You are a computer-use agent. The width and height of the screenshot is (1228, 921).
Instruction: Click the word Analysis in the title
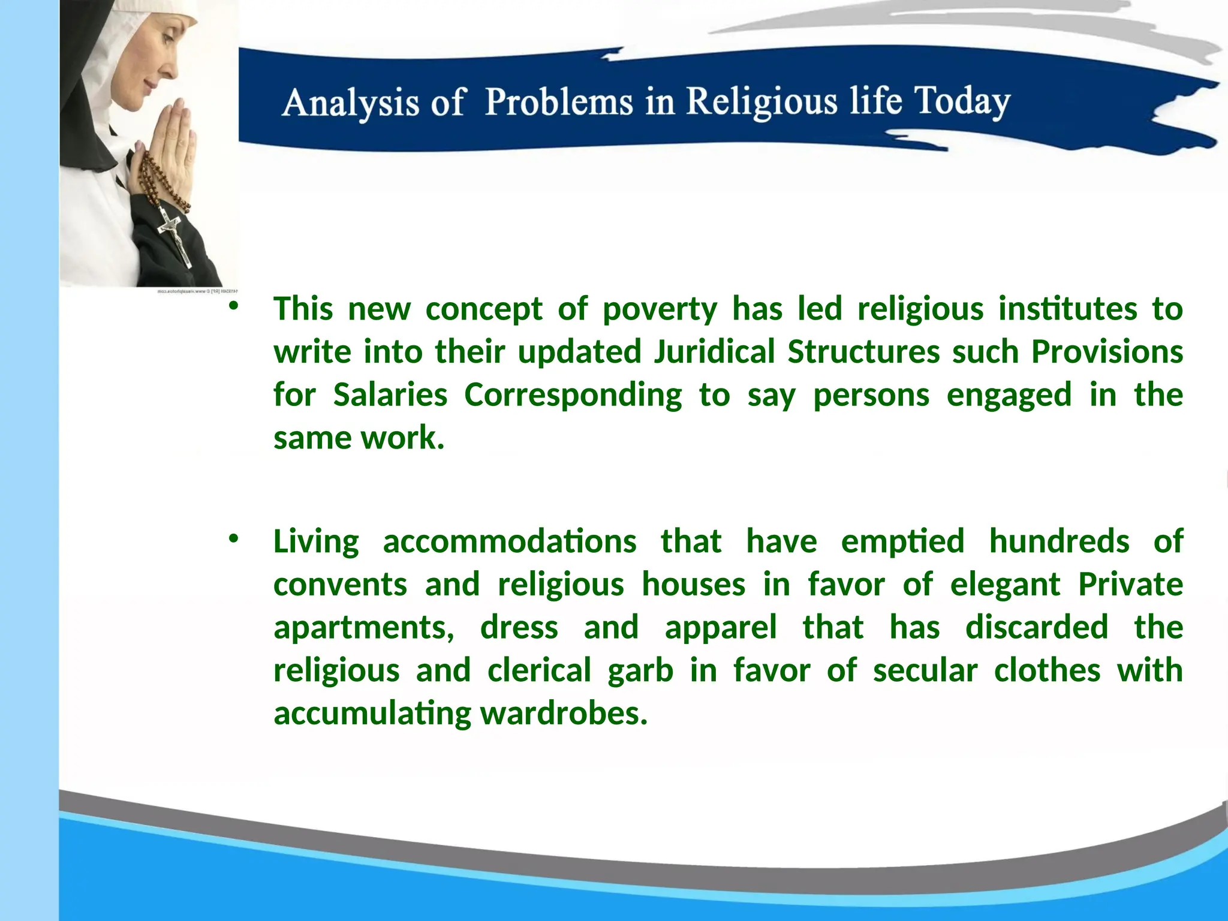click(350, 103)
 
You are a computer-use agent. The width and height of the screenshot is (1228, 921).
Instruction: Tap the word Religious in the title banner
click(762, 102)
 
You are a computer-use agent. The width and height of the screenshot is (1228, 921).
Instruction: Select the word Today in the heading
click(962, 102)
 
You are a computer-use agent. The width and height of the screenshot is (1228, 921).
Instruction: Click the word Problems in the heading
click(559, 102)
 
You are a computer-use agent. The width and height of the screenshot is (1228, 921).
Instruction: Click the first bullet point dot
click(233, 306)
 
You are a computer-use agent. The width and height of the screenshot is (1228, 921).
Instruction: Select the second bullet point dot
click(233, 538)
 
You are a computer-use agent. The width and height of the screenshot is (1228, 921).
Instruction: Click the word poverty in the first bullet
click(660, 310)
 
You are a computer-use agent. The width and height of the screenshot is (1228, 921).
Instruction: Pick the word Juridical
click(714, 353)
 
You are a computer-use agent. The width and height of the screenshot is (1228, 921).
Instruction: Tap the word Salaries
click(390, 396)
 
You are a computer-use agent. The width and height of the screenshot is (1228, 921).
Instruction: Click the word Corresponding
click(573, 396)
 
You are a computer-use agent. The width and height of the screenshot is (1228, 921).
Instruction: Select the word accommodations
click(509, 542)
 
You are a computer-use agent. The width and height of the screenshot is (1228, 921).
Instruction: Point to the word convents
click(340, 585)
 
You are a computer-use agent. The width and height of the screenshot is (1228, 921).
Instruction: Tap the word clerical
click(539, 671)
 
